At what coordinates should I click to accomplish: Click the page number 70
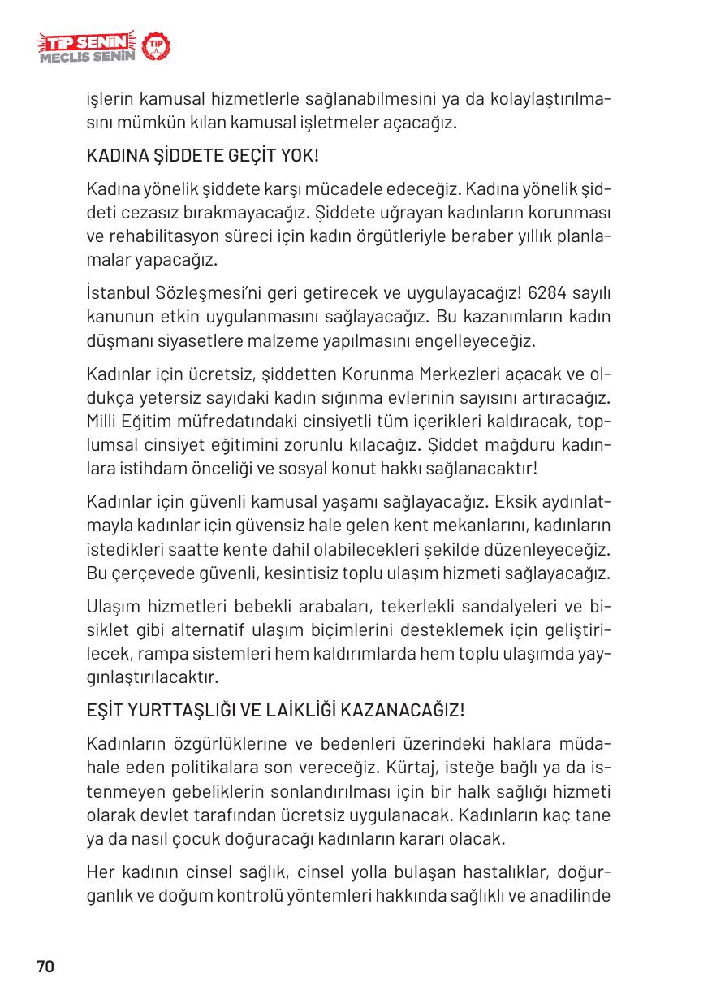point(45,967)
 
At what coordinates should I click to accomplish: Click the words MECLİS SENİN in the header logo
point(86,58)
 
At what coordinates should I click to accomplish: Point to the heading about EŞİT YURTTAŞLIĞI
point(275,710)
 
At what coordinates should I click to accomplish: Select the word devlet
point(158,815)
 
